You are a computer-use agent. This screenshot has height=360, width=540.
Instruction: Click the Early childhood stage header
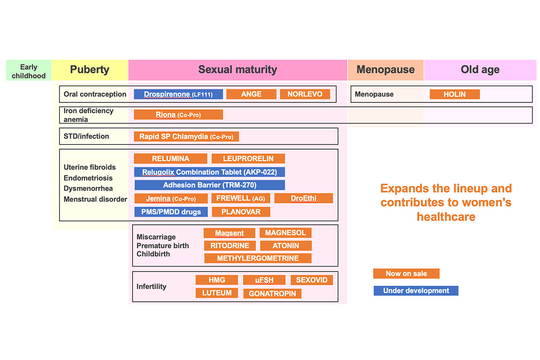[29, 70]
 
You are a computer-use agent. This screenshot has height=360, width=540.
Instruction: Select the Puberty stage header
[90, 70]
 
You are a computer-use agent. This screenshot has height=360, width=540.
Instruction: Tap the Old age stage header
[480, 70]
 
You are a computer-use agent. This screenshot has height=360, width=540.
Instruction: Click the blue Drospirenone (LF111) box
[178, 94]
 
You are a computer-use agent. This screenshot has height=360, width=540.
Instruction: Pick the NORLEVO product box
[305, 94]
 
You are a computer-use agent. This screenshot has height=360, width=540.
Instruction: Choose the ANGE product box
[251, 94]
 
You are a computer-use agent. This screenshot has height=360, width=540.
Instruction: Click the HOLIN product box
[454, 94]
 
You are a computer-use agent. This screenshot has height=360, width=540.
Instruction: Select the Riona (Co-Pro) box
[178, 115]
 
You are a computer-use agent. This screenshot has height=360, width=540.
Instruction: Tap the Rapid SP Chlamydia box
[186, 136]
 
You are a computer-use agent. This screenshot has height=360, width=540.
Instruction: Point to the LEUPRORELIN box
[248, 159]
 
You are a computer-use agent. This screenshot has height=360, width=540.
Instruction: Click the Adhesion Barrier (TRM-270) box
[210, 185]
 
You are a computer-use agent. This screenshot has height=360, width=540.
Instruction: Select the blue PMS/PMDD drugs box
[171, 212]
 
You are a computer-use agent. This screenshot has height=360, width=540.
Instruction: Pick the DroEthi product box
[304, 198]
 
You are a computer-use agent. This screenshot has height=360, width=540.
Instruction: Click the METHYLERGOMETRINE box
[258, 258]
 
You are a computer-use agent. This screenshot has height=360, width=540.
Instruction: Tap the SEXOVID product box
[312, 280]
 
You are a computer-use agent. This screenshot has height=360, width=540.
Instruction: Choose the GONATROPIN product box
[272, 293]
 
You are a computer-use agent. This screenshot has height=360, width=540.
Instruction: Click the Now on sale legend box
[406, 274]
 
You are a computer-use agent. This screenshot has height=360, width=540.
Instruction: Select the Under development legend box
[416, 291]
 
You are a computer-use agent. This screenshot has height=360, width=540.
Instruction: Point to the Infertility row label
[151, 287]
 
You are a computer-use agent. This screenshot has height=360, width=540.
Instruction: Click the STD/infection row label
[86, 136]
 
